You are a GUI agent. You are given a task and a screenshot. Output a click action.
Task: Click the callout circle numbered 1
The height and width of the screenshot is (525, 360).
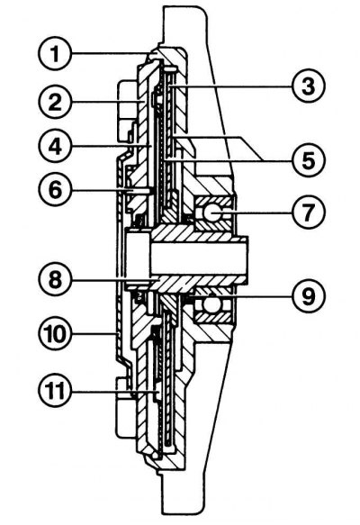coord(55,53)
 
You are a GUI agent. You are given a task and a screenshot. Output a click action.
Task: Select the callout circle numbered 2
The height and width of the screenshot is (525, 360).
coord(55,101)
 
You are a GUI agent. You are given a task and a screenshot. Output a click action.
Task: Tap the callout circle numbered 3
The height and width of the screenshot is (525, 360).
coord(308,86)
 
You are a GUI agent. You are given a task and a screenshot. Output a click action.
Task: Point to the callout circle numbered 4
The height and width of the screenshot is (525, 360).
coord(55,146)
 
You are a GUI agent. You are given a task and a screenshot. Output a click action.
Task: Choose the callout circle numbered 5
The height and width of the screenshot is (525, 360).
coord(308,160)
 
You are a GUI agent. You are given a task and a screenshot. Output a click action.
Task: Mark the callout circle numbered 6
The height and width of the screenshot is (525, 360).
coord(55,190)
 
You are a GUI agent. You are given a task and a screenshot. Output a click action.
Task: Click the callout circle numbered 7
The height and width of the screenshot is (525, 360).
coord(308,213)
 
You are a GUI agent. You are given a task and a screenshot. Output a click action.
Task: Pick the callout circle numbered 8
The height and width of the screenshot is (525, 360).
coord(55,279)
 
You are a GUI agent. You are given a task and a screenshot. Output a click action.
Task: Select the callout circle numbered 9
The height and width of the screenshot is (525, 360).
coord(308,296)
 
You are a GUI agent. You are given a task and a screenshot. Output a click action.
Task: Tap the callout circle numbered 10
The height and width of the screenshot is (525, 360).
coord(55,333)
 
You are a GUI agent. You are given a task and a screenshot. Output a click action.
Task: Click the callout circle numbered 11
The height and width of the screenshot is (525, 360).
coord(55,391)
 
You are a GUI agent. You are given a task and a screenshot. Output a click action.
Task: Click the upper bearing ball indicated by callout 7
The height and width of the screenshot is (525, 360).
coord(211,213)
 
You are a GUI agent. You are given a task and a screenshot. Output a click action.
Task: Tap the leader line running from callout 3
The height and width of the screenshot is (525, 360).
coord(230,86)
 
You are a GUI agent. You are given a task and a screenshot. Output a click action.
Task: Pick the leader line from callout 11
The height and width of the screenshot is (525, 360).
coord(113,391)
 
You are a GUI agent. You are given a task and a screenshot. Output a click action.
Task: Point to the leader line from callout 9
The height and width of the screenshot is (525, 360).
coord(240,296)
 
